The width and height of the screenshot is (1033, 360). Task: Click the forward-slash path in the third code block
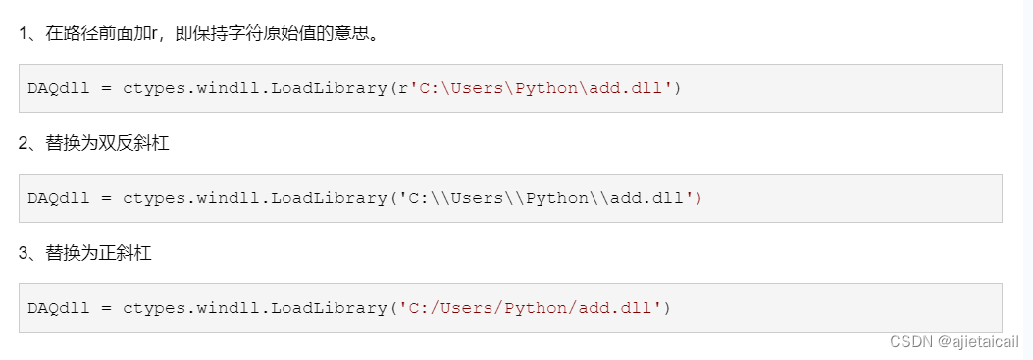(529, 308)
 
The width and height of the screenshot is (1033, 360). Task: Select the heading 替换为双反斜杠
(107, 144)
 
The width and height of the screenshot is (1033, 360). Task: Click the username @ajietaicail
(978, 341)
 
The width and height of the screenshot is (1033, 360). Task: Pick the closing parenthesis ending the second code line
(698, 198)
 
